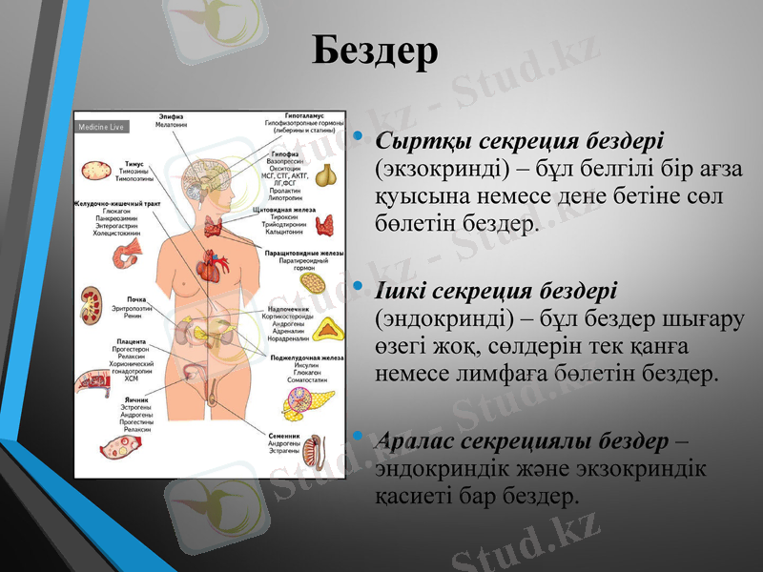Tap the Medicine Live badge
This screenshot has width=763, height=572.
(x=101, y=127)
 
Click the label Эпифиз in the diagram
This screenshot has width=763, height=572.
(x=171, y=117)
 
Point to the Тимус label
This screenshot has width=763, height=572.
(x=134, y=164)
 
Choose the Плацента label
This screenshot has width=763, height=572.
(x=131, y=341)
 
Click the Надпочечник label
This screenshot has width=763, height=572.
(x=288, y=309)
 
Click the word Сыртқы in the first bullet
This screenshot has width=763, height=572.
(x=407, y=140)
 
